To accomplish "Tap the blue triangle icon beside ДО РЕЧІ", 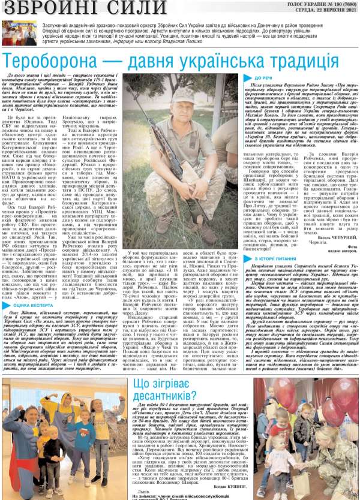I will point(250,78).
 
